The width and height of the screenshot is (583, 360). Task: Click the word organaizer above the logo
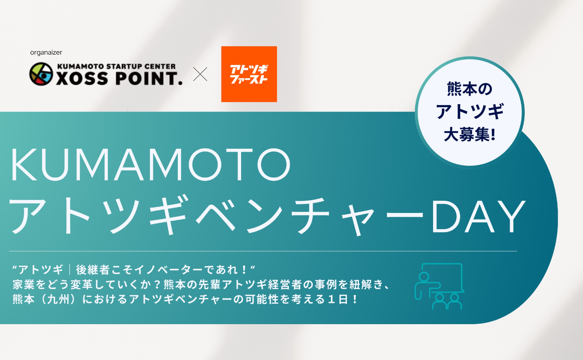coord(46,52)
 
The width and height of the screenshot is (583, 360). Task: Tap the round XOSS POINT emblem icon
coord(41,75)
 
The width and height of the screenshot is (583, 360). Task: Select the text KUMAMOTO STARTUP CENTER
coord(116,66)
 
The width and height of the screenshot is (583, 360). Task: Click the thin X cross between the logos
coord(200,75)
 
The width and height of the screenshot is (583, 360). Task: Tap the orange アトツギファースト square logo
coord(249,74)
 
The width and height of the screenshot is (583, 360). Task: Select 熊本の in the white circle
coord(469,89)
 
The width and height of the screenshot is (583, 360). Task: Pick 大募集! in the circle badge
coord(469,135)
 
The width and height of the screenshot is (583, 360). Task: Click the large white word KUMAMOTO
coord(150,166)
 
